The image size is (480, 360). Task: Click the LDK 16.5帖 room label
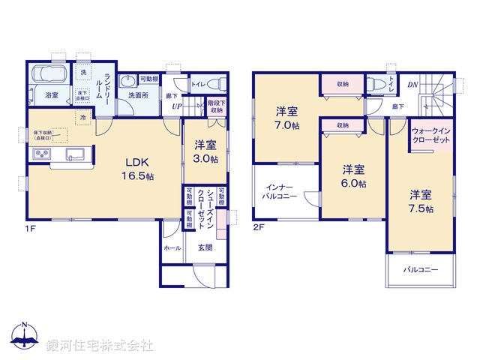139,169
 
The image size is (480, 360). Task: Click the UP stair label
176,106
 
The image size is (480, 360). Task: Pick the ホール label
172,247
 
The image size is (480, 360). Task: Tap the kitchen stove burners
41,154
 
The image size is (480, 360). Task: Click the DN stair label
412,85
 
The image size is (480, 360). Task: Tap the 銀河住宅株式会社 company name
100,346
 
